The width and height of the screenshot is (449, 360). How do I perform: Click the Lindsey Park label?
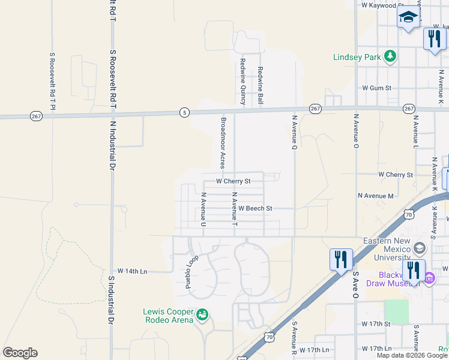point(358,58)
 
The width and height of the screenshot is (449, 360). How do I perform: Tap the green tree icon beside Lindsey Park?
point(391,57)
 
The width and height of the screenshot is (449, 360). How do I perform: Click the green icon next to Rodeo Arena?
point(203,313)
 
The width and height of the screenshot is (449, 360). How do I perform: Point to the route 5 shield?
point(184,112)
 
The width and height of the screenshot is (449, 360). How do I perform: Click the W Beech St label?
point(255,208)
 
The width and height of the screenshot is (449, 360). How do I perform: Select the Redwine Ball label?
point(261,83)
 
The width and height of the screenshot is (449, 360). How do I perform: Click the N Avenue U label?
point(203,209)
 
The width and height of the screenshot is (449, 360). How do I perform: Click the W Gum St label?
point(376,88)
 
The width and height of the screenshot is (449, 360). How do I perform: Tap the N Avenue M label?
point(375,196)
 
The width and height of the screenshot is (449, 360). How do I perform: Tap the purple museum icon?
point(429,278)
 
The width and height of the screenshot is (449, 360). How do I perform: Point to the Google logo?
point(20,353)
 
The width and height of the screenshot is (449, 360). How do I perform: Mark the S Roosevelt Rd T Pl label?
point(52,82)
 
